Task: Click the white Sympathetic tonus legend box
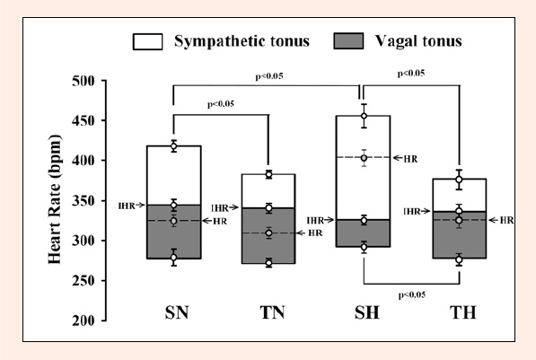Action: pyautogui.click(x=147, y=41)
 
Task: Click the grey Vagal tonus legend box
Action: pyautogui.click(x=348, y=41)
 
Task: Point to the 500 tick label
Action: pyautogui.click(x=83, y=81)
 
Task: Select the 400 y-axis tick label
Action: pyautogui.click(x=83, y=161)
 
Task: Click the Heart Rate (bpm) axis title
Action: pyautogui.click(x=55, y=199)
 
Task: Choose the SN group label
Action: pyautogui.click(x=177, y=312)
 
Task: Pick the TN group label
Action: pyautogui.click(x=272, y=312)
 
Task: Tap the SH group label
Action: pyautogui.click(x=367, y=312)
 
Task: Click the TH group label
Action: pyautogui.click(x=463, y=312)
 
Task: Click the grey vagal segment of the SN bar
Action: pyautogui.click(x=173, y=232)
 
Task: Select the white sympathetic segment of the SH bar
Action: pyautogui.click(x=363, y=168)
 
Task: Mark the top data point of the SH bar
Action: pyautogui.click(x=364, y=116)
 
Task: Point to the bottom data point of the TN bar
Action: pyautogui.click(x=269, y=263)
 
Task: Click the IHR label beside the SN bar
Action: pyautogui.click(x=127, y=206)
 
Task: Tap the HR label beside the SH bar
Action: pyautogui.click(x=410, y=159)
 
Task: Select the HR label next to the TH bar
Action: pyautogui.click(x=506, y=221)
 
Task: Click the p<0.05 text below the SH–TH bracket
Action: pyautogui.click(x=412, y=295)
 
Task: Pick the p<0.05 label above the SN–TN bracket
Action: pyautogui.click(x=221, y=104)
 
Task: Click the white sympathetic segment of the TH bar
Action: pyautogui.click(x=460, y=195)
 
